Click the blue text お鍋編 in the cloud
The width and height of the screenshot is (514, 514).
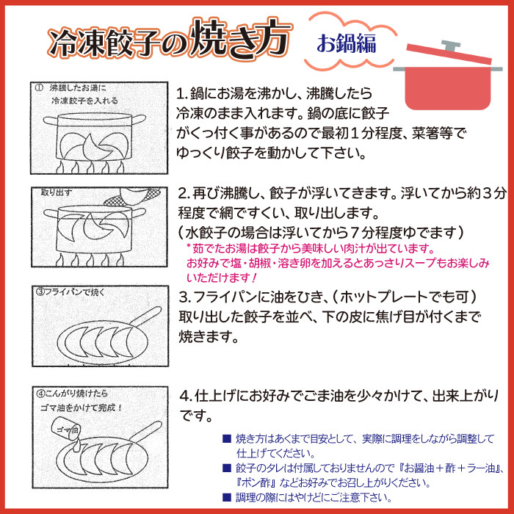(x=346, y=43)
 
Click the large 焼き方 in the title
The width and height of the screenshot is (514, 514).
(x=241, y=40)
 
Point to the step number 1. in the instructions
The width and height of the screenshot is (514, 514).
(x=183, y=95)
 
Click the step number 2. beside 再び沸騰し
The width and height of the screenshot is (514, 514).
(x=184, y=194)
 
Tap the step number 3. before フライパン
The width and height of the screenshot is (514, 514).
(x=186, y=297)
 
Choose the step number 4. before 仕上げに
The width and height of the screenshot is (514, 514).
(x=186, y=396)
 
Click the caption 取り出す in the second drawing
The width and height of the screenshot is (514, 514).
(x=56, y=192)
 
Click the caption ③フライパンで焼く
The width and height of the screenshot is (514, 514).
(x=70, y=292)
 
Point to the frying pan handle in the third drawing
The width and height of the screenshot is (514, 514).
(x=146, y=316)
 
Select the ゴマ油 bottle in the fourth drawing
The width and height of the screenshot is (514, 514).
(x=66, y=430)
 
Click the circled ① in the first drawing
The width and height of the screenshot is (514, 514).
(x=39, y=88)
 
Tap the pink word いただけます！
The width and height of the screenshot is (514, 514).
(x=222, y=278)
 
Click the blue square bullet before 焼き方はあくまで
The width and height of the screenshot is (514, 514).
(x=227, y=439)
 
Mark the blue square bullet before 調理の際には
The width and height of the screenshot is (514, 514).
(x=227, y=497)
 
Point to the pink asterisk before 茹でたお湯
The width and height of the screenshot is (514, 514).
(x=189, y=246)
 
